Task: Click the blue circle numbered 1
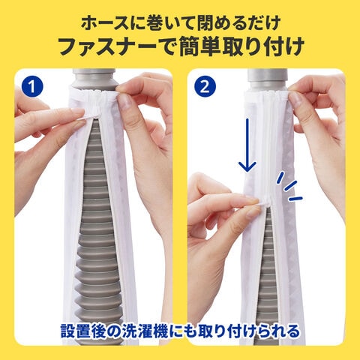click(32, 87)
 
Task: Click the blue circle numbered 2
click(205, 87)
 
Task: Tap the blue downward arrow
click(247, 145)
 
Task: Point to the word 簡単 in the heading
click(199, 47)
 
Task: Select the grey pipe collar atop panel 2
click(267, 79)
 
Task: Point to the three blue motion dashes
click(290, 186)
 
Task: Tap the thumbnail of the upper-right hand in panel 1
click(125, 103)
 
